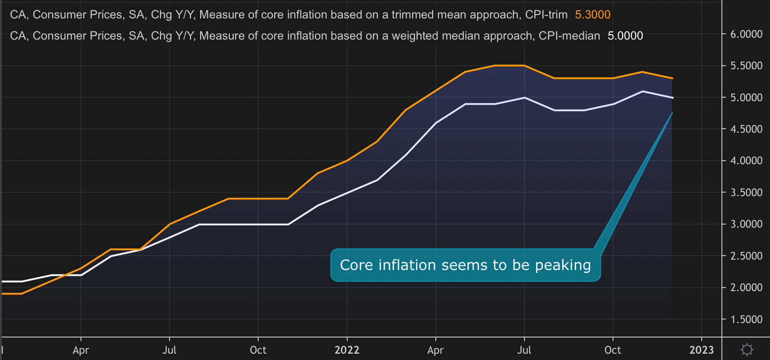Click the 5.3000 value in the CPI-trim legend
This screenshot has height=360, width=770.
click(x=592, y=15)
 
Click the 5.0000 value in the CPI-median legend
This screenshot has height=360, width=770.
click(x=625, y=36)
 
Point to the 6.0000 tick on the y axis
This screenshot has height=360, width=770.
click(x=746, y=34)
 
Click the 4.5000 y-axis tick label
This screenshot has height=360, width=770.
click(x=746, y=129)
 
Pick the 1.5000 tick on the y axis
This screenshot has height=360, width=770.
click(x=746, y=319)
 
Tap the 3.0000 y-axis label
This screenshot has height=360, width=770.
click(x=746, y=224)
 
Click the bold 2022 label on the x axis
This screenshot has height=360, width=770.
click(x=347, y=350)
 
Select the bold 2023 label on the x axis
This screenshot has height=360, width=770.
click(x=701, y=350)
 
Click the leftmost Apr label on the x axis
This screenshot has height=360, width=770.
click(x=81, y=350)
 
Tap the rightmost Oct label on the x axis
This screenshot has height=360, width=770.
click(x=613, y=350)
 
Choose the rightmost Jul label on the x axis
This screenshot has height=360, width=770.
click(x=524, y=350)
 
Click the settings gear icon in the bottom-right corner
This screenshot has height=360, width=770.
click(x=747, y=350)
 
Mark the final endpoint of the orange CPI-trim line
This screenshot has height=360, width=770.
click(x=672, y=78)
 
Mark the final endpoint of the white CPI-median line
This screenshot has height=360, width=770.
click(x=672, y=98)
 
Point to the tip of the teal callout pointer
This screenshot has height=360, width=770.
click(x=672, y=112)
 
